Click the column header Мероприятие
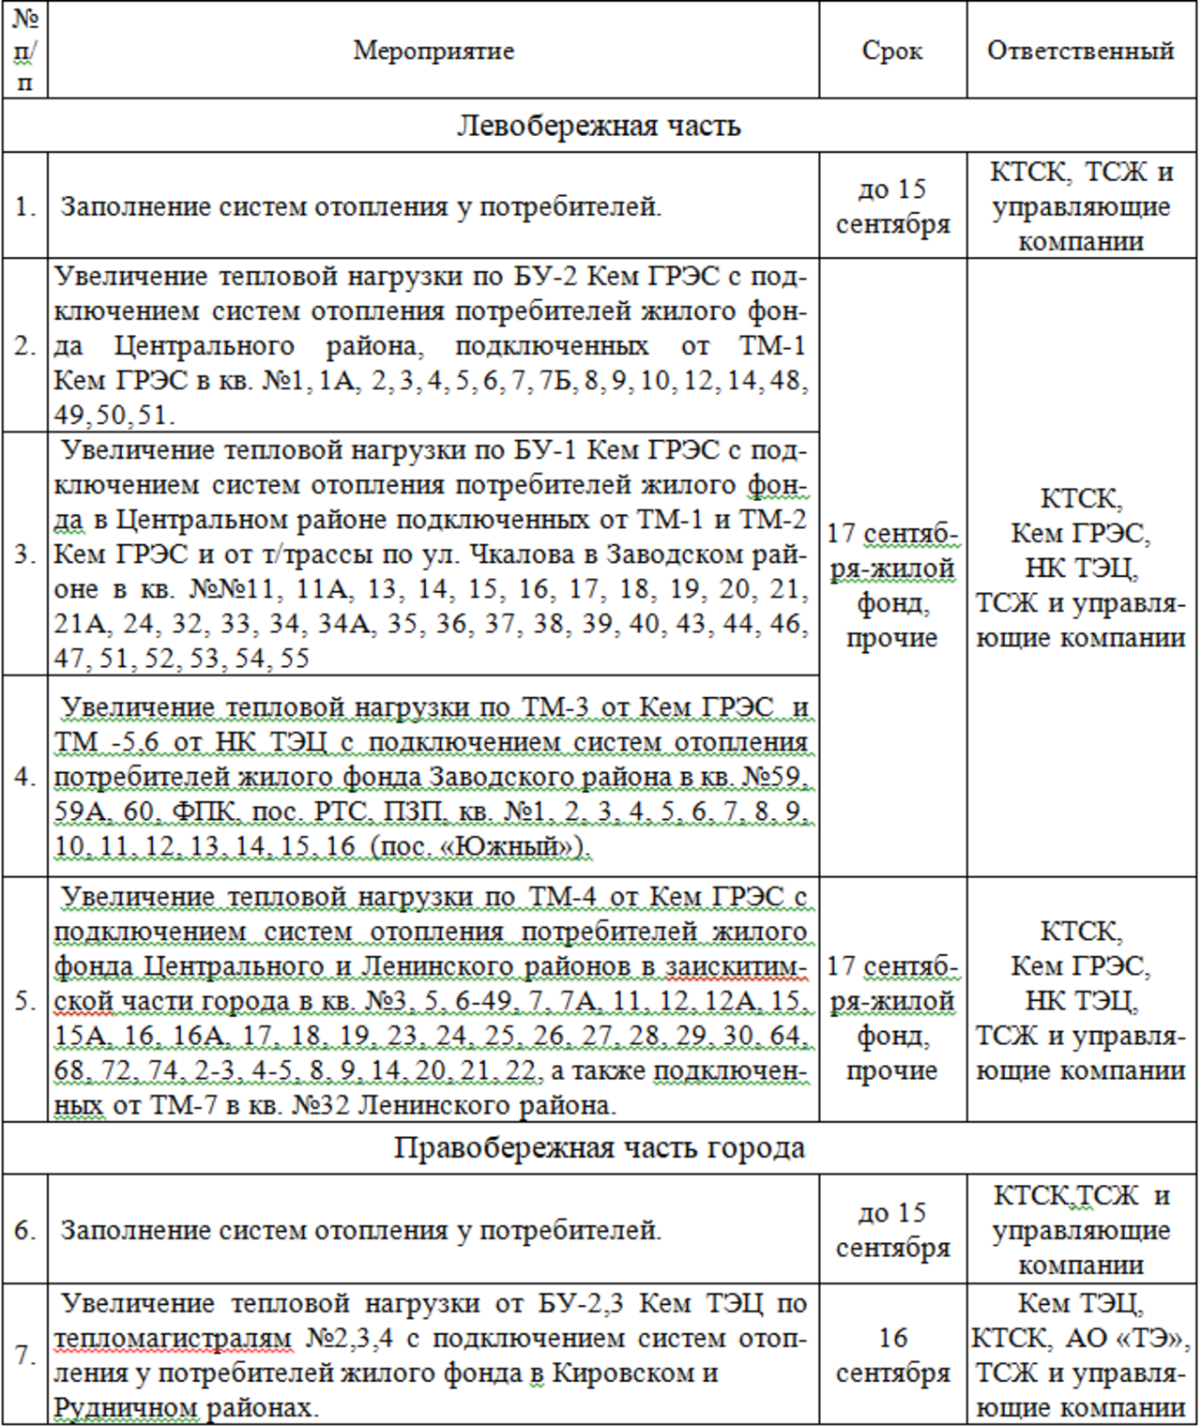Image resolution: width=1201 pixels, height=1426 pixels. tap(433, 51)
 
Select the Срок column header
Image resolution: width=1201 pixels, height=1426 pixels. tap(891, 51)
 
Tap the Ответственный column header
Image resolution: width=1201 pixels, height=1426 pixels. tap(1080, 51)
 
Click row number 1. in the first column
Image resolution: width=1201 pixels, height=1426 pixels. tap(25, 206)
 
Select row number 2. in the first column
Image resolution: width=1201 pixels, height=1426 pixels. tap(25, 345)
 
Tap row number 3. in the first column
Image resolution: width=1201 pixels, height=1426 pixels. tap(25, 554)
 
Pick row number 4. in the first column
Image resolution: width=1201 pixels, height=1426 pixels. tap(25, 777)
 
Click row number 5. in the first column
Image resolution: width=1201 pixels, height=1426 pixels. tap(25, 1000)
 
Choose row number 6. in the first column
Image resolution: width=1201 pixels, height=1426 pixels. tap(25, 1230)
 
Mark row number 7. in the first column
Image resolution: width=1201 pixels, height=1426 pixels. tap(25, 1356)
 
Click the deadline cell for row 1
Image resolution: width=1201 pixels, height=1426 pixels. tap(892, 206)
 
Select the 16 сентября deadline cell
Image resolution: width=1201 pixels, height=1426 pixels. tap(892, 1356)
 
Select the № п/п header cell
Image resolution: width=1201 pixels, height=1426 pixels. tap(25, 51)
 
